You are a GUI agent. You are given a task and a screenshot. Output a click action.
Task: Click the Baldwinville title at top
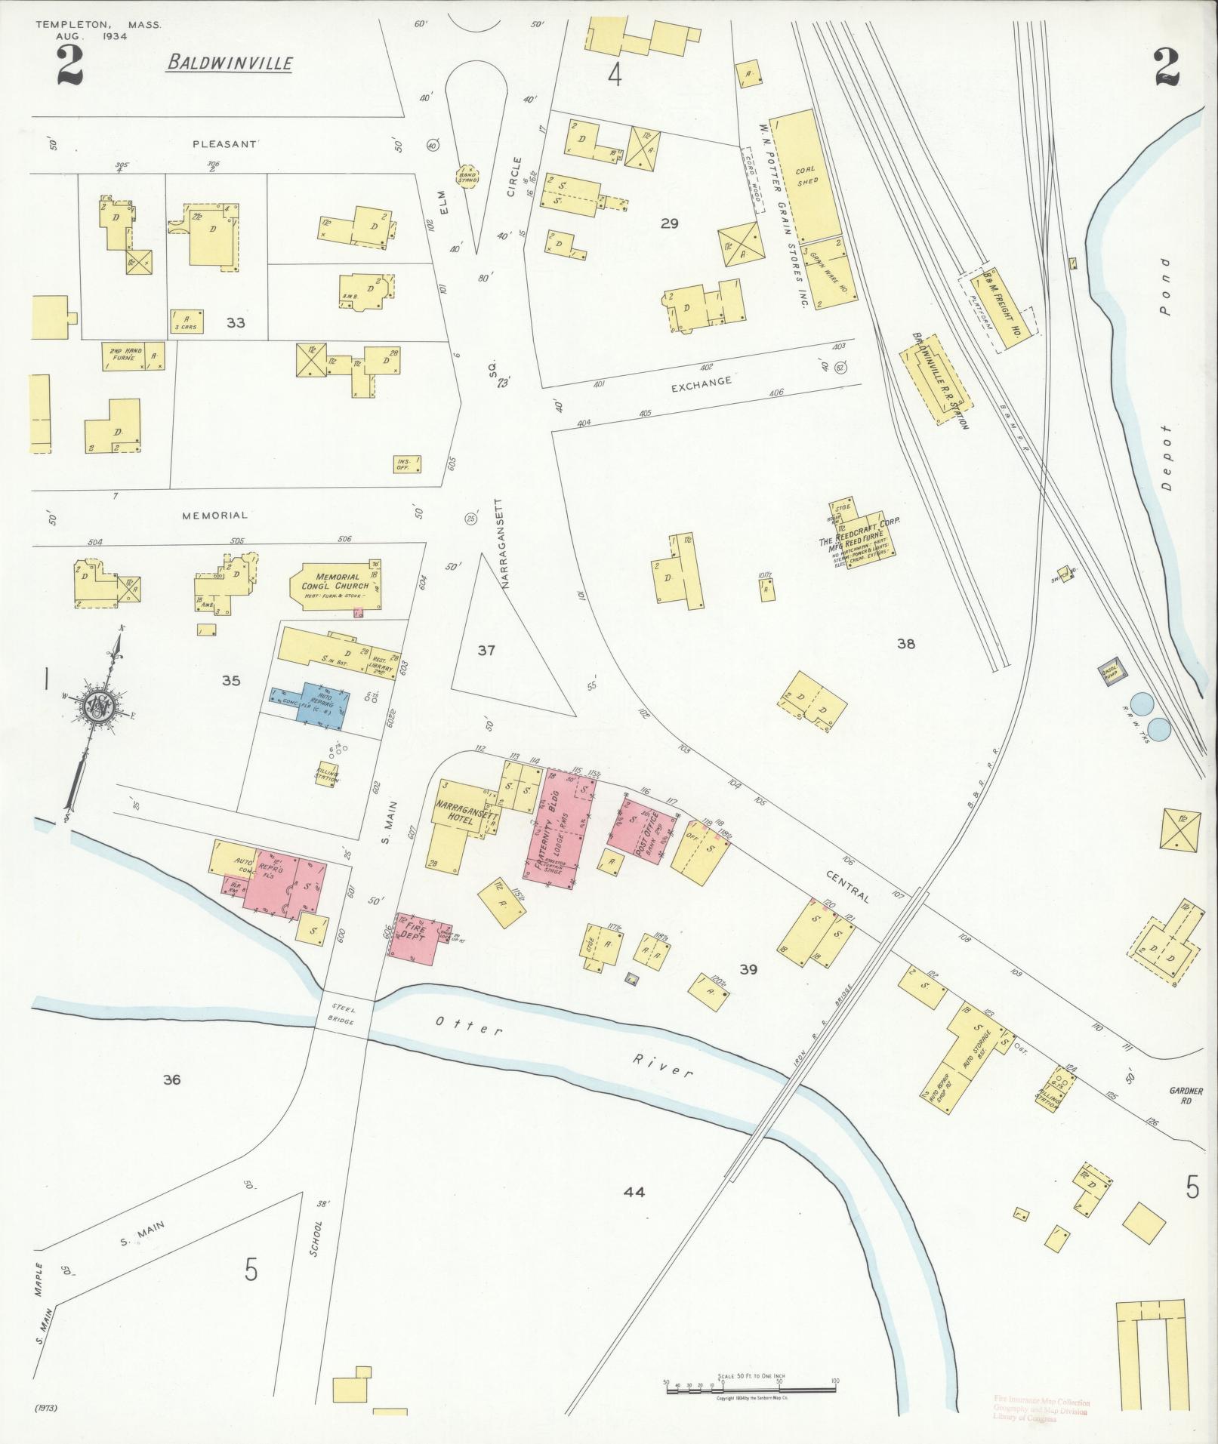point(230,63)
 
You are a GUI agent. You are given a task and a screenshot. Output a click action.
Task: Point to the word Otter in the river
point(468,1025)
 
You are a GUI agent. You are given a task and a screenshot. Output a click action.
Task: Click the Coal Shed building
point(806,176)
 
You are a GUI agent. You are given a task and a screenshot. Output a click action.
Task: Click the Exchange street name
point(702,381)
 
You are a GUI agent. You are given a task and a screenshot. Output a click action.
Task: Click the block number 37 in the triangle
point(486,650)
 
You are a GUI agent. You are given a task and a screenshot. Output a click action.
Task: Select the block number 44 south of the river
point(634,1193)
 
